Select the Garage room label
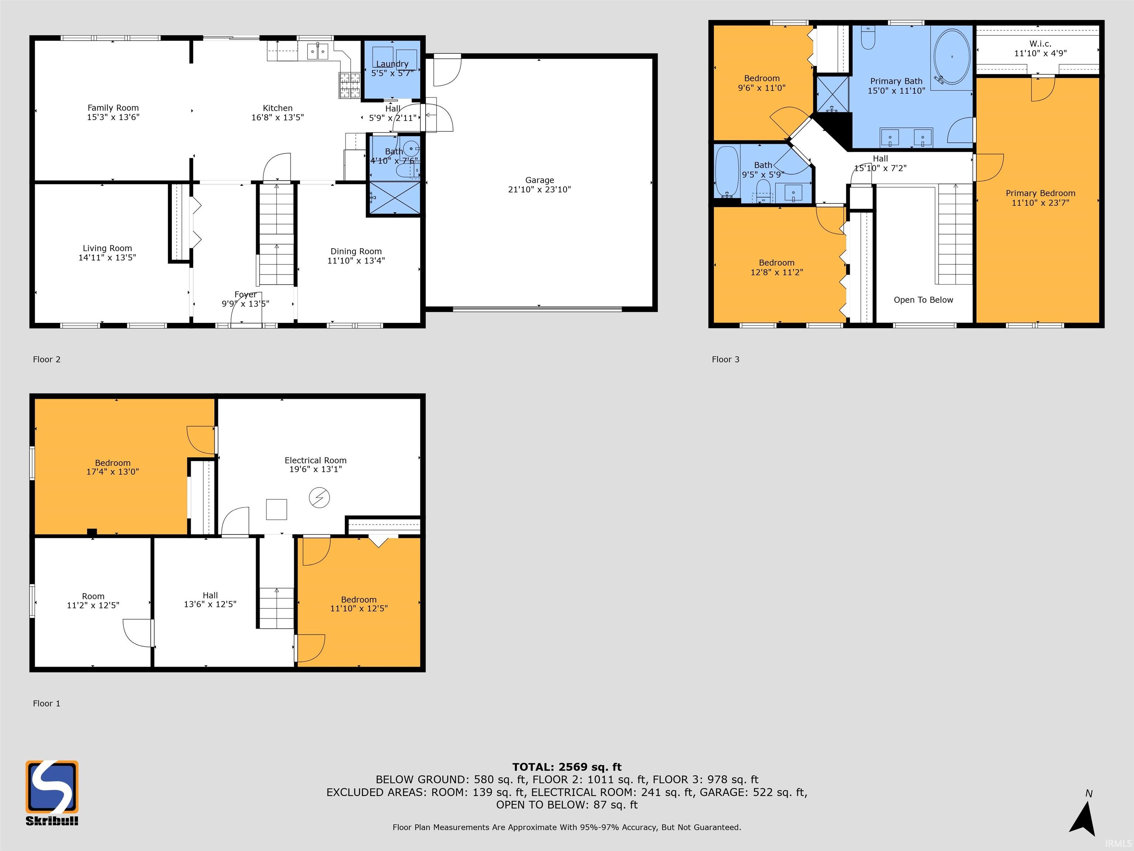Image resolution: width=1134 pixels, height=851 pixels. click(x=539, y=180)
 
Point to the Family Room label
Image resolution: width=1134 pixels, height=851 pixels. click(x=113, y=108)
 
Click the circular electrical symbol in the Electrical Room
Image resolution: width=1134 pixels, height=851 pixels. click(x=319, y=498)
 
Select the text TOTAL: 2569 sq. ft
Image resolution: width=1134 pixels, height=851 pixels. click(x=567, y=767)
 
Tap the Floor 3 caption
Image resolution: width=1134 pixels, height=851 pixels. click(x=725, y=359)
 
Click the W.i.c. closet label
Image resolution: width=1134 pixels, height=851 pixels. click(x=1040, y=44)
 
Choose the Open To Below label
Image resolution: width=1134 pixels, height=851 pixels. click(x=923, y=300)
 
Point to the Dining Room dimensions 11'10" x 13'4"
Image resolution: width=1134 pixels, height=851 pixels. click(x=356, y=261)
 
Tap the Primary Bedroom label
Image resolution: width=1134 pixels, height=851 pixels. click(x=1040, y=194)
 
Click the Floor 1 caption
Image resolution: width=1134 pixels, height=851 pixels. click(x=47, y=703)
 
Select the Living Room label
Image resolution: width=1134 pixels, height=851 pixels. click(x=107, y=248)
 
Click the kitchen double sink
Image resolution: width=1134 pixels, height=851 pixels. click(x=318, y=51)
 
